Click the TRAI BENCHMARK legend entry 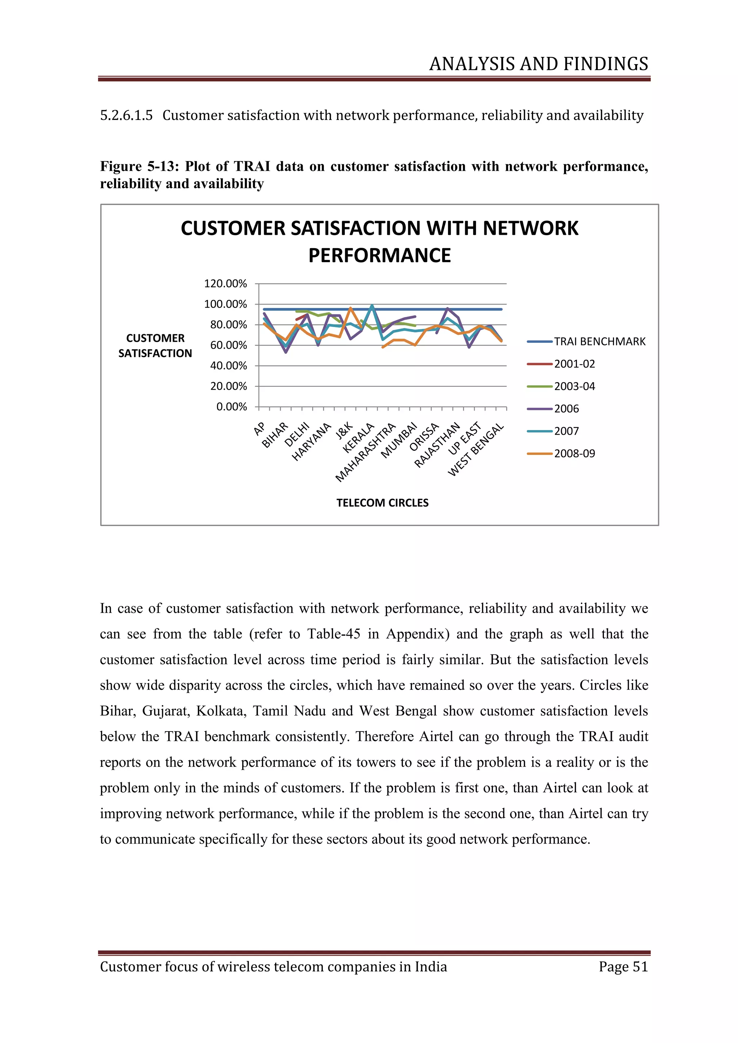[599, 342]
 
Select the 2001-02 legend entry [574, 364]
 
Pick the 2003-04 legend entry [574, 386]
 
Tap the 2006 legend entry [566, 409]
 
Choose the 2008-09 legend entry [574, 453]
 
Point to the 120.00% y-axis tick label [225, 284]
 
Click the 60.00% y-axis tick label [228, 345]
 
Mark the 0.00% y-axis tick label [231, 407]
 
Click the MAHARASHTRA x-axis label [365, 452]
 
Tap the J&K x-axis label [344, 430]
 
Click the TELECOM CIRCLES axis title [382, 503]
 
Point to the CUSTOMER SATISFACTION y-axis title [155, 346]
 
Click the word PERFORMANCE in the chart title [379, 255]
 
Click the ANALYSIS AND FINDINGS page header [538, 64]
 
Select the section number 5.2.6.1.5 [126, 115]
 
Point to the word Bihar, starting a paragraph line [117, 711]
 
